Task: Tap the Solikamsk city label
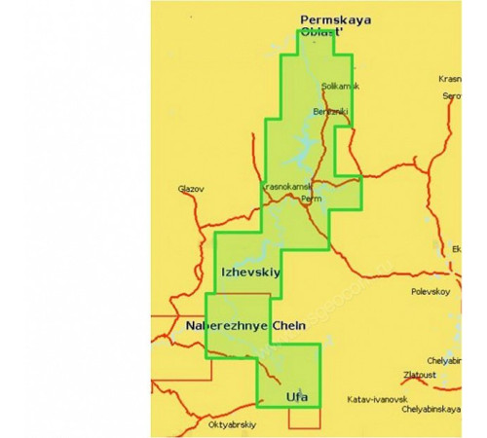coord(339,87)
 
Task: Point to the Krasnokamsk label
coord(285,186)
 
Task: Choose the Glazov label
coord(191,189)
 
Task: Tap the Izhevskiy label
coord(251,273)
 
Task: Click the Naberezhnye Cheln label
coord(245,326)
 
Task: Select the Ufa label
coord(298,396)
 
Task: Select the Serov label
coord(452,96)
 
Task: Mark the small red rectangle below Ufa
coord(304,418)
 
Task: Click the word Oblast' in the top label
coord(325,32)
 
